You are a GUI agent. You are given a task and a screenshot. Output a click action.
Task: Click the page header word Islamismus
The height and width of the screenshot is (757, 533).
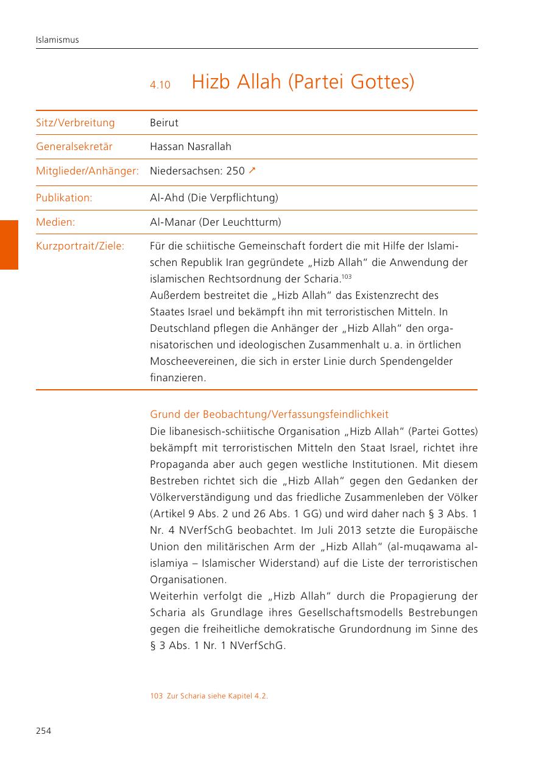(x=57, y=40)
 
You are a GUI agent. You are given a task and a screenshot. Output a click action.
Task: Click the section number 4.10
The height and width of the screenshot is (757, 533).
(x=160, y=85)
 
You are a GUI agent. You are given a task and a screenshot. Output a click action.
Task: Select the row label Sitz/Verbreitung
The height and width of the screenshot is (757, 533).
(x=76, y=123)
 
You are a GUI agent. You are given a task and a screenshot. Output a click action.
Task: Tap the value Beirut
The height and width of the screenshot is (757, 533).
(x=164, y=123)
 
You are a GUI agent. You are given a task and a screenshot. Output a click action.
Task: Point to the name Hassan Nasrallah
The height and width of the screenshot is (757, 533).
(x=191, y=147)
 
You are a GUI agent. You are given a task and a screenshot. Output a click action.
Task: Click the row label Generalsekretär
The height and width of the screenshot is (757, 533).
(x=74, y=147)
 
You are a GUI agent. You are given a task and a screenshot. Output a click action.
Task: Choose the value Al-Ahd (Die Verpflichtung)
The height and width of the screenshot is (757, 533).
(x=214, y=198)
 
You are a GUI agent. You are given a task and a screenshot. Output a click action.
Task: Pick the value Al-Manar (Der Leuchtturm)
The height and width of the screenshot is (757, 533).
(x=216, y=223)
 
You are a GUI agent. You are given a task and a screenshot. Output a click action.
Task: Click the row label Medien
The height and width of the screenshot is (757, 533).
(x=55, y=223)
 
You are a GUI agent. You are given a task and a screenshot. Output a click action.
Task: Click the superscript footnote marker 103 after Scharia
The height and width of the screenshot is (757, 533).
(x=347, y=277)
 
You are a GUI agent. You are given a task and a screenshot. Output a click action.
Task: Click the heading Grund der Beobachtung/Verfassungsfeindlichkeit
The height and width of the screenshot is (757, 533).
(x=269, y=415)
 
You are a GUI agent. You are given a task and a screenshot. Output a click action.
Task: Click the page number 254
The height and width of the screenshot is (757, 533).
(x=43, y=731)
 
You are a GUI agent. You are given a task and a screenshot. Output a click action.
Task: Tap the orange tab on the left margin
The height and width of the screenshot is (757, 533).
(x=9, y=245)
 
